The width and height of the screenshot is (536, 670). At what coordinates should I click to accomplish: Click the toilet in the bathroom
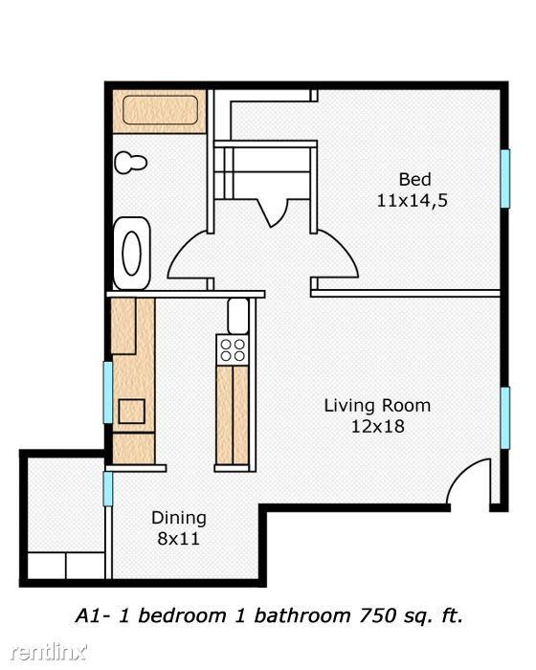click(130, 163)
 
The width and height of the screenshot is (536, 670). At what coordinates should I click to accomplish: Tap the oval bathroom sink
click(131, 254)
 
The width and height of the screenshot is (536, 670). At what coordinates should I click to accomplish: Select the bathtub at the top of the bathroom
click(159, 112)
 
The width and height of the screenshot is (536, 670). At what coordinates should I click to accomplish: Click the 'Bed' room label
click(414, 180)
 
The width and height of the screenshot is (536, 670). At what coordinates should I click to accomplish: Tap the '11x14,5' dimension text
click(413, 201)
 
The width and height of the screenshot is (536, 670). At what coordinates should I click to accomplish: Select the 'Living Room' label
click(377, 405)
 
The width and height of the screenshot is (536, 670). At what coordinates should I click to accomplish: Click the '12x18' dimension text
click(377, 426)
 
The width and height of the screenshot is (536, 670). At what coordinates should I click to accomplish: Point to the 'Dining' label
click(179, 518)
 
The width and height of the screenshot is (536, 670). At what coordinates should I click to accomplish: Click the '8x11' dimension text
click(179, 538)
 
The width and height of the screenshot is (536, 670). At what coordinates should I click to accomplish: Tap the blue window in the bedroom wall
click(502, 178)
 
